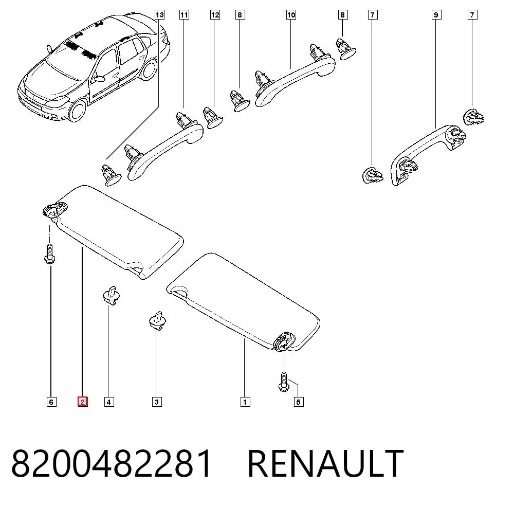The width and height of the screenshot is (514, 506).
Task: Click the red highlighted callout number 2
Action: (x=82, y=402)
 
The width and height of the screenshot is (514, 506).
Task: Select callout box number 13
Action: (x=159, y=15)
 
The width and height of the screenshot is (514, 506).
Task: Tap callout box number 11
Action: (x=184, y=15)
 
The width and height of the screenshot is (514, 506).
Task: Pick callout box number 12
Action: (x=215, y=15)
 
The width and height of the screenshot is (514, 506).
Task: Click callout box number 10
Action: (x=291, y=15)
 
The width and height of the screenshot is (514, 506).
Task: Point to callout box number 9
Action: (x=436, y=15)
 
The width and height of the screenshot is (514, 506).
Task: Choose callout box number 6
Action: (x=51, y=402)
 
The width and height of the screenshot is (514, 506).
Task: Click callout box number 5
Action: (x=298, y=402)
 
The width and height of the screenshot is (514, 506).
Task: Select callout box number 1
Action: (x=245, y=402)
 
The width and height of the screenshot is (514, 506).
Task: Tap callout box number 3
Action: (x=157, y=402)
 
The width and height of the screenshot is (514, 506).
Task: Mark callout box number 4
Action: (x=109, y=402)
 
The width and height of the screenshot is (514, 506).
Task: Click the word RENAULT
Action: (x=325, y=463)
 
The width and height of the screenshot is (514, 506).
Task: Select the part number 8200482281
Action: (x=112, y=463)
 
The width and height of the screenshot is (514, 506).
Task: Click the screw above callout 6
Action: (x=49, y=254)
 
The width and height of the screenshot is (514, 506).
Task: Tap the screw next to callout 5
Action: (x=284, y=382)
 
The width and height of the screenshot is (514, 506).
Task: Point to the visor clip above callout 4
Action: (x=111, y=295)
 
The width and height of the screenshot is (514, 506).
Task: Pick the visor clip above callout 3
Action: (x=158, y=320)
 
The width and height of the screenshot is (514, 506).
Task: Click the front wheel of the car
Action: (x=78, y=111)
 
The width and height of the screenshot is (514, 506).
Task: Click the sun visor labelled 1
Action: (x=243, y=302)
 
